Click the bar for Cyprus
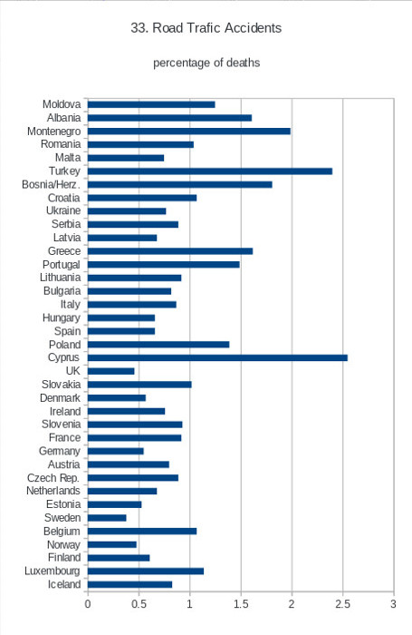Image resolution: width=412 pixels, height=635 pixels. click(217, 357)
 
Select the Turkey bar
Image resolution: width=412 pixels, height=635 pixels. click(210, 171)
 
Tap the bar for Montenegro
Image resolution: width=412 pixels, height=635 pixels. click(189, 132)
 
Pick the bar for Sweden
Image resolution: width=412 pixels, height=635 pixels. click(107, 518)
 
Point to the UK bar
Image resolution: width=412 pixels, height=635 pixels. click(110, 371)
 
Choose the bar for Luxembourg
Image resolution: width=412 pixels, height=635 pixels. click(146, 571)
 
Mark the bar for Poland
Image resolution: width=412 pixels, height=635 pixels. click(158, 344)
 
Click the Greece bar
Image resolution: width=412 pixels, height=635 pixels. click(170, 251)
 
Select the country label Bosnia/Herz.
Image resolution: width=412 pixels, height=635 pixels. click(51, 185)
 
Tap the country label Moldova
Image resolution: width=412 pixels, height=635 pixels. click(62, 104)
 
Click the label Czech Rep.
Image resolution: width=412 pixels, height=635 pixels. click(53, 478)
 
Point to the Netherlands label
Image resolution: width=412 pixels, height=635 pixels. click(53, 491)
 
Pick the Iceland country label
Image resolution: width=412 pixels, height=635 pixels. click(64, 584)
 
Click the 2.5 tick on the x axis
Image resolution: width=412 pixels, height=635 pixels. click(342, 604)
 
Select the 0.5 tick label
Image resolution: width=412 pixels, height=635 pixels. click(139, 604)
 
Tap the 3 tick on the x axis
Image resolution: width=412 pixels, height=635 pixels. click(393, 604)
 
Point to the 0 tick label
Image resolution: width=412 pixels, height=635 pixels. click(88, 604)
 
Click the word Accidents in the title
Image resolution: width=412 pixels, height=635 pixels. click(254, 28)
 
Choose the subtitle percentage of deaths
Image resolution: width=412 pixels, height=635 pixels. click(206, 63)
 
